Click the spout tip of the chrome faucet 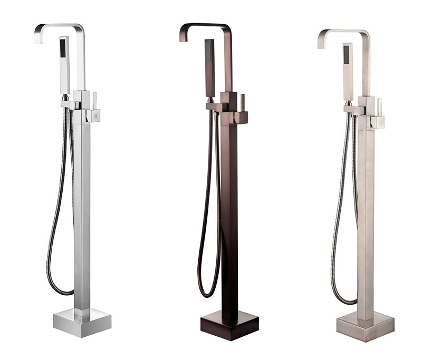pyautogui.click(x=38, y=37)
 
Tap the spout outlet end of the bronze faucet pyautogui.click(x=183, y=36)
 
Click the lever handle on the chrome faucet pyautogui.click(x=95, y=101)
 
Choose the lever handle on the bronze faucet pyautogui.click(x=243, y=103)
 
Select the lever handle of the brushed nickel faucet pyautogui.click(x=379, y=107)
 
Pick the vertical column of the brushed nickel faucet pyautogui.click(x=365, y=216)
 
